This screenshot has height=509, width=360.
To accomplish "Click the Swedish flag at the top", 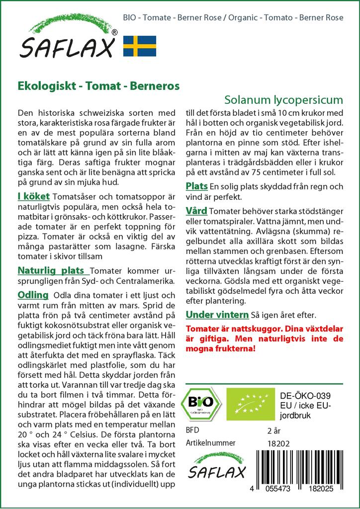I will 140,46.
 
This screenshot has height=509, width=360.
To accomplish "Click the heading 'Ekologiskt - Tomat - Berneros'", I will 98,85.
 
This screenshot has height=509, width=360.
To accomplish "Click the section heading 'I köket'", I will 33,197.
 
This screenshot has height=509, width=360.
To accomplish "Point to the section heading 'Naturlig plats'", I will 53,271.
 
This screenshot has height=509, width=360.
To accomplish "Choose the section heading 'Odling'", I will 33,295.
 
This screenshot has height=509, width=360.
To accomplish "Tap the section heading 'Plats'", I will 196,186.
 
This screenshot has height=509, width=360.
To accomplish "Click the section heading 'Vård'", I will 196,210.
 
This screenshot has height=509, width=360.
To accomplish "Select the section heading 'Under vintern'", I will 217,315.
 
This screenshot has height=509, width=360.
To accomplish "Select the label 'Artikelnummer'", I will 210,443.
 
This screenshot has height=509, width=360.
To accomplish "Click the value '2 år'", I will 274,430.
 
